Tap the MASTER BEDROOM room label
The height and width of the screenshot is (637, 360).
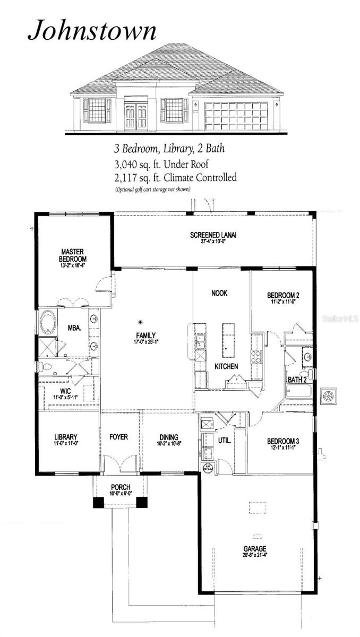click(73, 255)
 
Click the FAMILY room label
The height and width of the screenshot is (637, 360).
click(145, 335)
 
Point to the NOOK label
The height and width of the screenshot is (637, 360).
click(219, 293)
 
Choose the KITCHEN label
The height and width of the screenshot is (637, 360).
click(226, 366)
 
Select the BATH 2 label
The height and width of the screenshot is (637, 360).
click(296, 380)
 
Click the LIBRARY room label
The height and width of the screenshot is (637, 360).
click(66, 438)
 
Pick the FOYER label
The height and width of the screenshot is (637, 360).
click(118, 437)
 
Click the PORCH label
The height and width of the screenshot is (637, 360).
click(120, 487)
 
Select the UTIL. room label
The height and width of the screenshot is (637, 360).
click(224, 441)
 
